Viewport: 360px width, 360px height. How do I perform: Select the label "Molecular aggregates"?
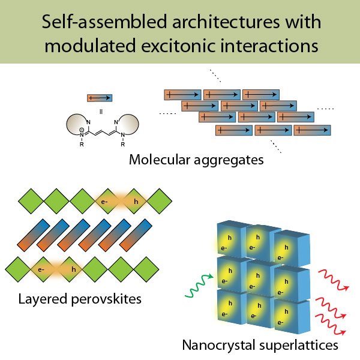(x=196, y=160)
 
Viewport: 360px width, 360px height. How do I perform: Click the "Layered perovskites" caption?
(x=80, y=299)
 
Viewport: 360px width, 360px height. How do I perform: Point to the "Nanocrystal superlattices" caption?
(x=260, y=346)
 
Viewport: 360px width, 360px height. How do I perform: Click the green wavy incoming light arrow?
(x=199, y=286)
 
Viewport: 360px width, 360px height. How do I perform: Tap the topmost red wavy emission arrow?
(x=334, y=280)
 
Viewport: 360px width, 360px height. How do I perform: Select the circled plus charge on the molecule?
(x=82, y=130)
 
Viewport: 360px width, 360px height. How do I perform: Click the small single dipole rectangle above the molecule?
(x=100, y=98)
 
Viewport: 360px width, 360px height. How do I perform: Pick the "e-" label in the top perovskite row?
(x=104, y=202)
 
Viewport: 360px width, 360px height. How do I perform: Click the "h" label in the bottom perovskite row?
(x=73, y=269)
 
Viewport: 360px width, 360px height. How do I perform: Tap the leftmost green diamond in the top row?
(x=31, y=201)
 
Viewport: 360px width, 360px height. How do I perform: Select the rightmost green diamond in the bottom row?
(x=146, y=269)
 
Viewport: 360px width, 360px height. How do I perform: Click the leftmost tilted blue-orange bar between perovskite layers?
(x=34, y=235)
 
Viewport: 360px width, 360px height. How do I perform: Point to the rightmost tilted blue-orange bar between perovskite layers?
(x=136, y=235)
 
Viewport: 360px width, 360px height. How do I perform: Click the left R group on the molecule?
(x=82, y=145)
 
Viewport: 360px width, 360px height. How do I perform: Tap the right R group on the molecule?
(x=123, y=145)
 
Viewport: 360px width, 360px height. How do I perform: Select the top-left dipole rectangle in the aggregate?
(x=182, y=95)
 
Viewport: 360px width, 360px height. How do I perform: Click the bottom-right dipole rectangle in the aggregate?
(x=312, y=130)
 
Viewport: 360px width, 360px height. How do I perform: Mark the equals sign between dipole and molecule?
(x=101, y=112)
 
